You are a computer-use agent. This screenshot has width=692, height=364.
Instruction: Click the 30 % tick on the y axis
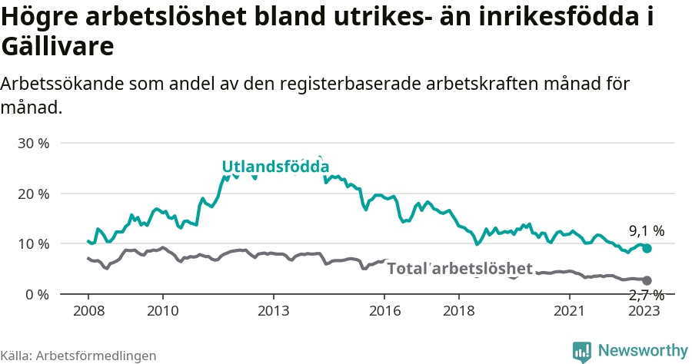33,144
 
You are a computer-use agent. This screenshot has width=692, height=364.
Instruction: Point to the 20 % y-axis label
33,194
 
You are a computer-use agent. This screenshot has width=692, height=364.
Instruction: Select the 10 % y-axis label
33,244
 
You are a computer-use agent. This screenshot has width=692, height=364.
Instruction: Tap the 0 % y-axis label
37,294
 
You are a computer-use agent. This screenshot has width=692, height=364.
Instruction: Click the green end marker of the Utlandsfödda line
647,249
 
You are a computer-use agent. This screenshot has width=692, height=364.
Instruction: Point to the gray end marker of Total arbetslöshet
647,281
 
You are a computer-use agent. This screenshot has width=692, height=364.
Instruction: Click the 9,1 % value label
646,230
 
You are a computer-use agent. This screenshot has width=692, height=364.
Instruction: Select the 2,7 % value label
646,296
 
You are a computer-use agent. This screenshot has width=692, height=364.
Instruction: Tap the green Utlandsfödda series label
275,167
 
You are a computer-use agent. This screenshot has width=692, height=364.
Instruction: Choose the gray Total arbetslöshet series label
459,268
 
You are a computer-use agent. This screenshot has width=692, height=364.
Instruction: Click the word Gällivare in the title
58,47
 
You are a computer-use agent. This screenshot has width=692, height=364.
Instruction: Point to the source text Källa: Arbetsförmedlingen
78,356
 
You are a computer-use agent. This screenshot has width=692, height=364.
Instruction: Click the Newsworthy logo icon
582,351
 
